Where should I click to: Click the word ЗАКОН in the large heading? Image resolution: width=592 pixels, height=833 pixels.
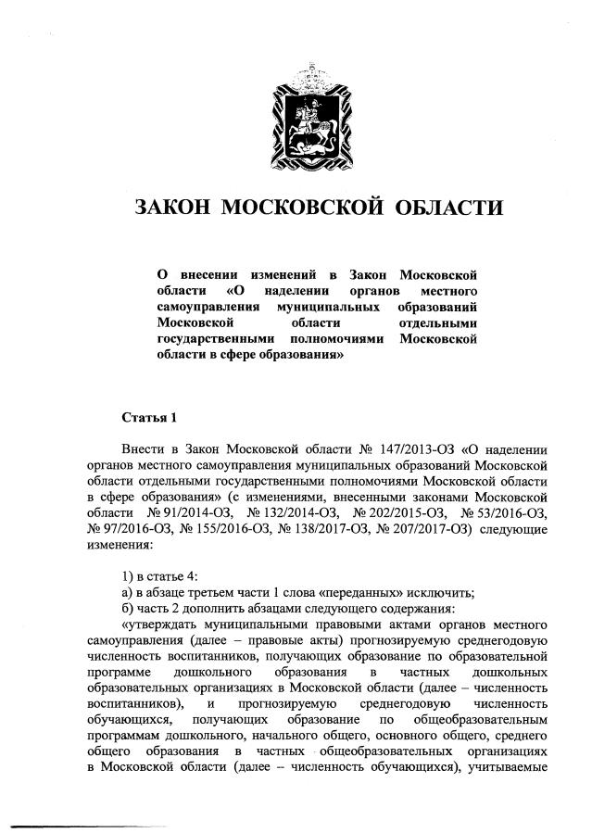pos(173,206)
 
